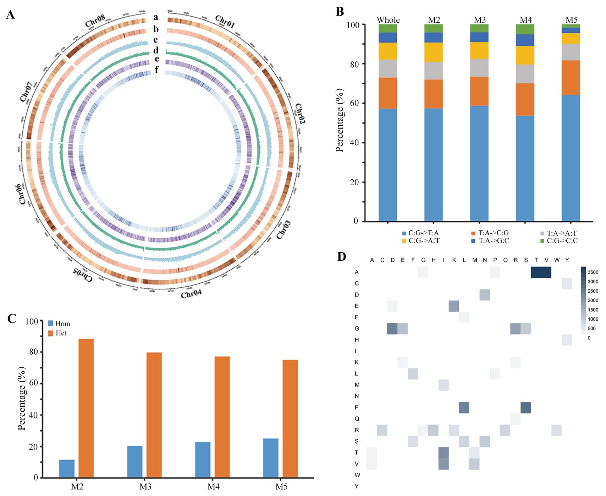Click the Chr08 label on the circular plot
[95, 21]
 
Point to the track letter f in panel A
[156, 70]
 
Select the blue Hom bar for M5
[271, 458]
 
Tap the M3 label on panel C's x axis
[145, 486]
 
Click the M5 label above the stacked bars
[571, 20]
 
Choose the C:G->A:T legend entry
[421, 241]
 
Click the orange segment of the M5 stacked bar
[571, 78]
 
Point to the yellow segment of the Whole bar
[387, 51]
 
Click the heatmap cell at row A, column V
[546, 272]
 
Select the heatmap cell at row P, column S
[526, 407]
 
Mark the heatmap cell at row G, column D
[392, 328]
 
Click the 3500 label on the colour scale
[593, 272]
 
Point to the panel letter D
[341, 257]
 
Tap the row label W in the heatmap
[357, 475]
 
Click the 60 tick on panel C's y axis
[33, 383]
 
